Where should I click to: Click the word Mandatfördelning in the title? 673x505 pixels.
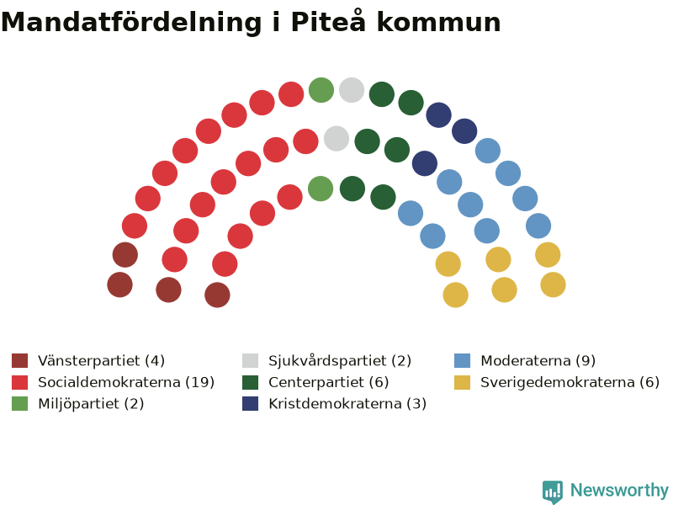coord(131,23)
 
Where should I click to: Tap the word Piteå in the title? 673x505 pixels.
coord(328,22)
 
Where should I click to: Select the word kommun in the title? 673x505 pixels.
coord(438,22)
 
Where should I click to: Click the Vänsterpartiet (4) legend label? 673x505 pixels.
coord(101,361)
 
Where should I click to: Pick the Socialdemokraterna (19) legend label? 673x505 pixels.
coord(126,382)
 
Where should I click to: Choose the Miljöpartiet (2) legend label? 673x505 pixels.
coord(91,404)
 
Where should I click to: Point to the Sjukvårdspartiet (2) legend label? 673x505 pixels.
coord(340,361)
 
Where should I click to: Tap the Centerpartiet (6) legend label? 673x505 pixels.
coord(329,382)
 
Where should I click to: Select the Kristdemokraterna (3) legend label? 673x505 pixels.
coord(347,404)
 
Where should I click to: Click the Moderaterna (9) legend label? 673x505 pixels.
coord(538,361)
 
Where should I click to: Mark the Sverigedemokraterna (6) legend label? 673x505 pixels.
coord(570,382)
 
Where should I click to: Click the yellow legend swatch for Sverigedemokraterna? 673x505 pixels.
coord(462,382)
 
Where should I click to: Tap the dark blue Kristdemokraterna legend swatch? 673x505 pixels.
coord(250,404)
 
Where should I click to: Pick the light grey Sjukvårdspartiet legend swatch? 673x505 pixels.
coord(250,361)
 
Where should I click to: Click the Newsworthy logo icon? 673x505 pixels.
coord(553,492)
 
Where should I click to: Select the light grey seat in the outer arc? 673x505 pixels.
coord(352,90)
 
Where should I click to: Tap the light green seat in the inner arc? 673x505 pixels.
coord(321,189)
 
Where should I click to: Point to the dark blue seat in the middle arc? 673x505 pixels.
coord(425,163)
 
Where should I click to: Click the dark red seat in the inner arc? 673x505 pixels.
coord(217,295)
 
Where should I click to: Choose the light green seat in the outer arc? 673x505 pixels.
coord(321,90)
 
